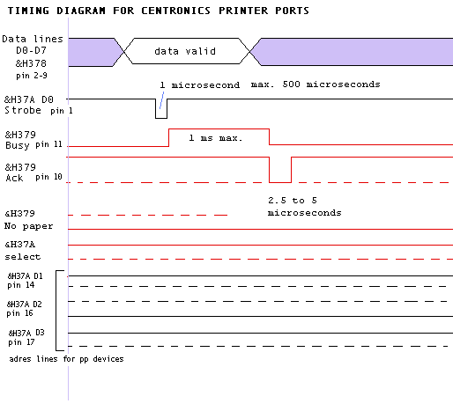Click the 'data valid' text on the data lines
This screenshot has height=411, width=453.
pos(185,51)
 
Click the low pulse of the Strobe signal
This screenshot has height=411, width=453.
pos(161,118)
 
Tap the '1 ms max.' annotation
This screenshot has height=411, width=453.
pos(216,138)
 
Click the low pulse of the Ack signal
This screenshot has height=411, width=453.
pos(280,182)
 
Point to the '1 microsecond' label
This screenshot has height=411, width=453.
pos(200,85)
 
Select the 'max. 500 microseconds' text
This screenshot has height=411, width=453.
pos(316,84)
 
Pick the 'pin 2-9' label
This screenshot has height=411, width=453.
pos(32,76)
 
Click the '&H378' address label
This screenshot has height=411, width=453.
pos(31,63)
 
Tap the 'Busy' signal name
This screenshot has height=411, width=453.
pos(18,145)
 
